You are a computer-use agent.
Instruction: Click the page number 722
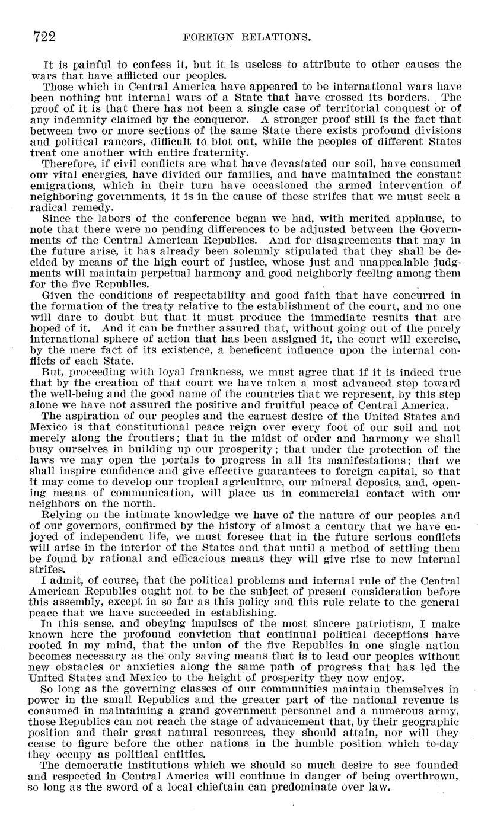[44, 37]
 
